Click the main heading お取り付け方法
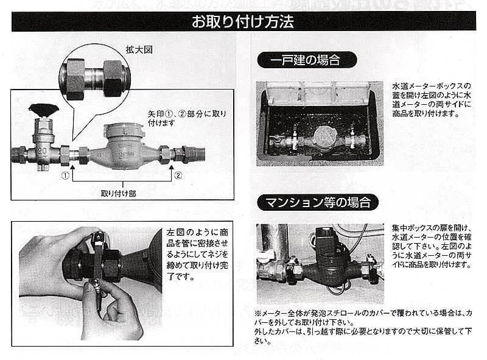(x=243, y=23)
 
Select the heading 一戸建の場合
(x=306, y=60)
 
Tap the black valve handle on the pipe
(x=43, y=110)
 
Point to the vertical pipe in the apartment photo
(x=281, y=244)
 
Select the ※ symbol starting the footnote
(x=258, y=311)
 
